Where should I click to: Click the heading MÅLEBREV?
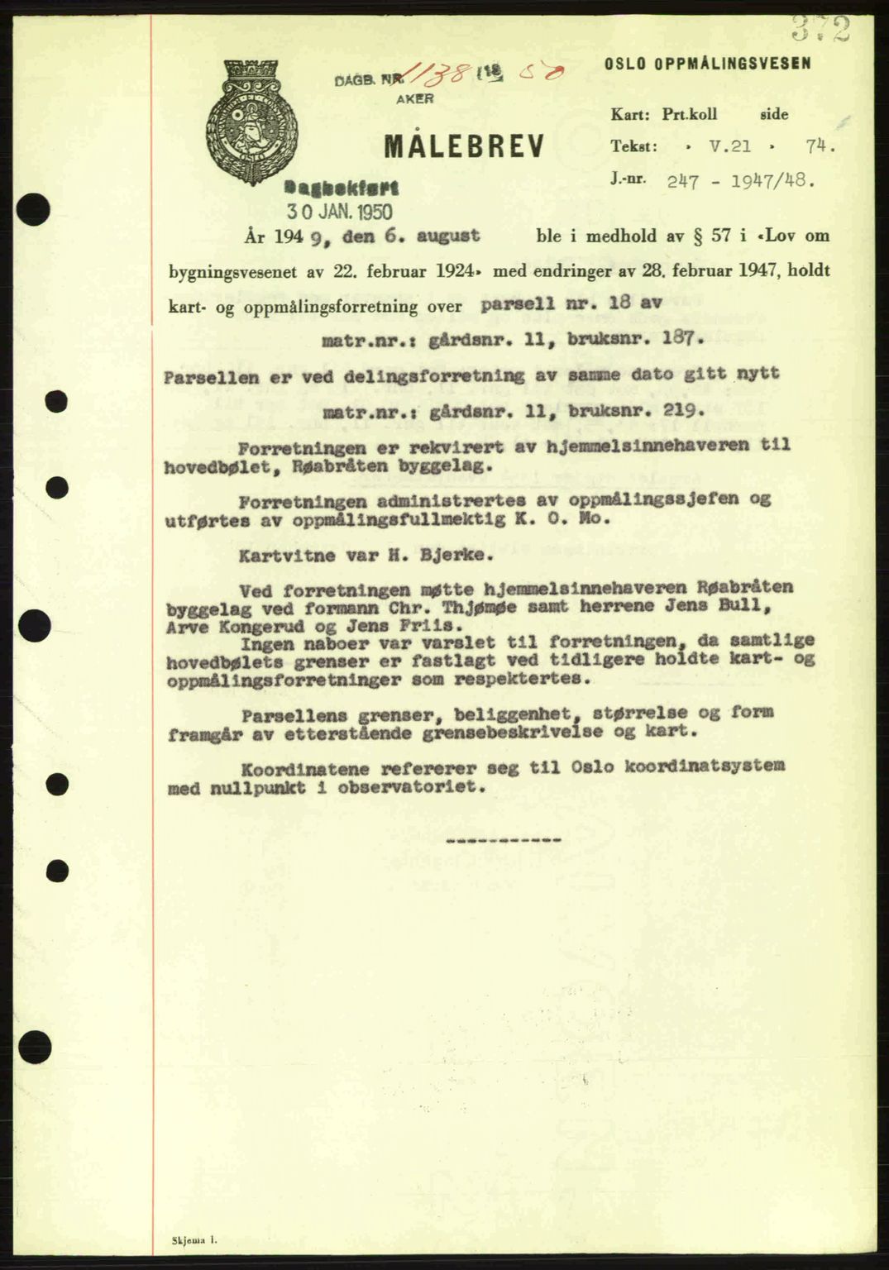463,146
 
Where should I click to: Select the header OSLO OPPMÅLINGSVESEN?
707,63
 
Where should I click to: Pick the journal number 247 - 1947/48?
740,178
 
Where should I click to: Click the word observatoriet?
420,788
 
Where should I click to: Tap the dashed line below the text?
503,840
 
